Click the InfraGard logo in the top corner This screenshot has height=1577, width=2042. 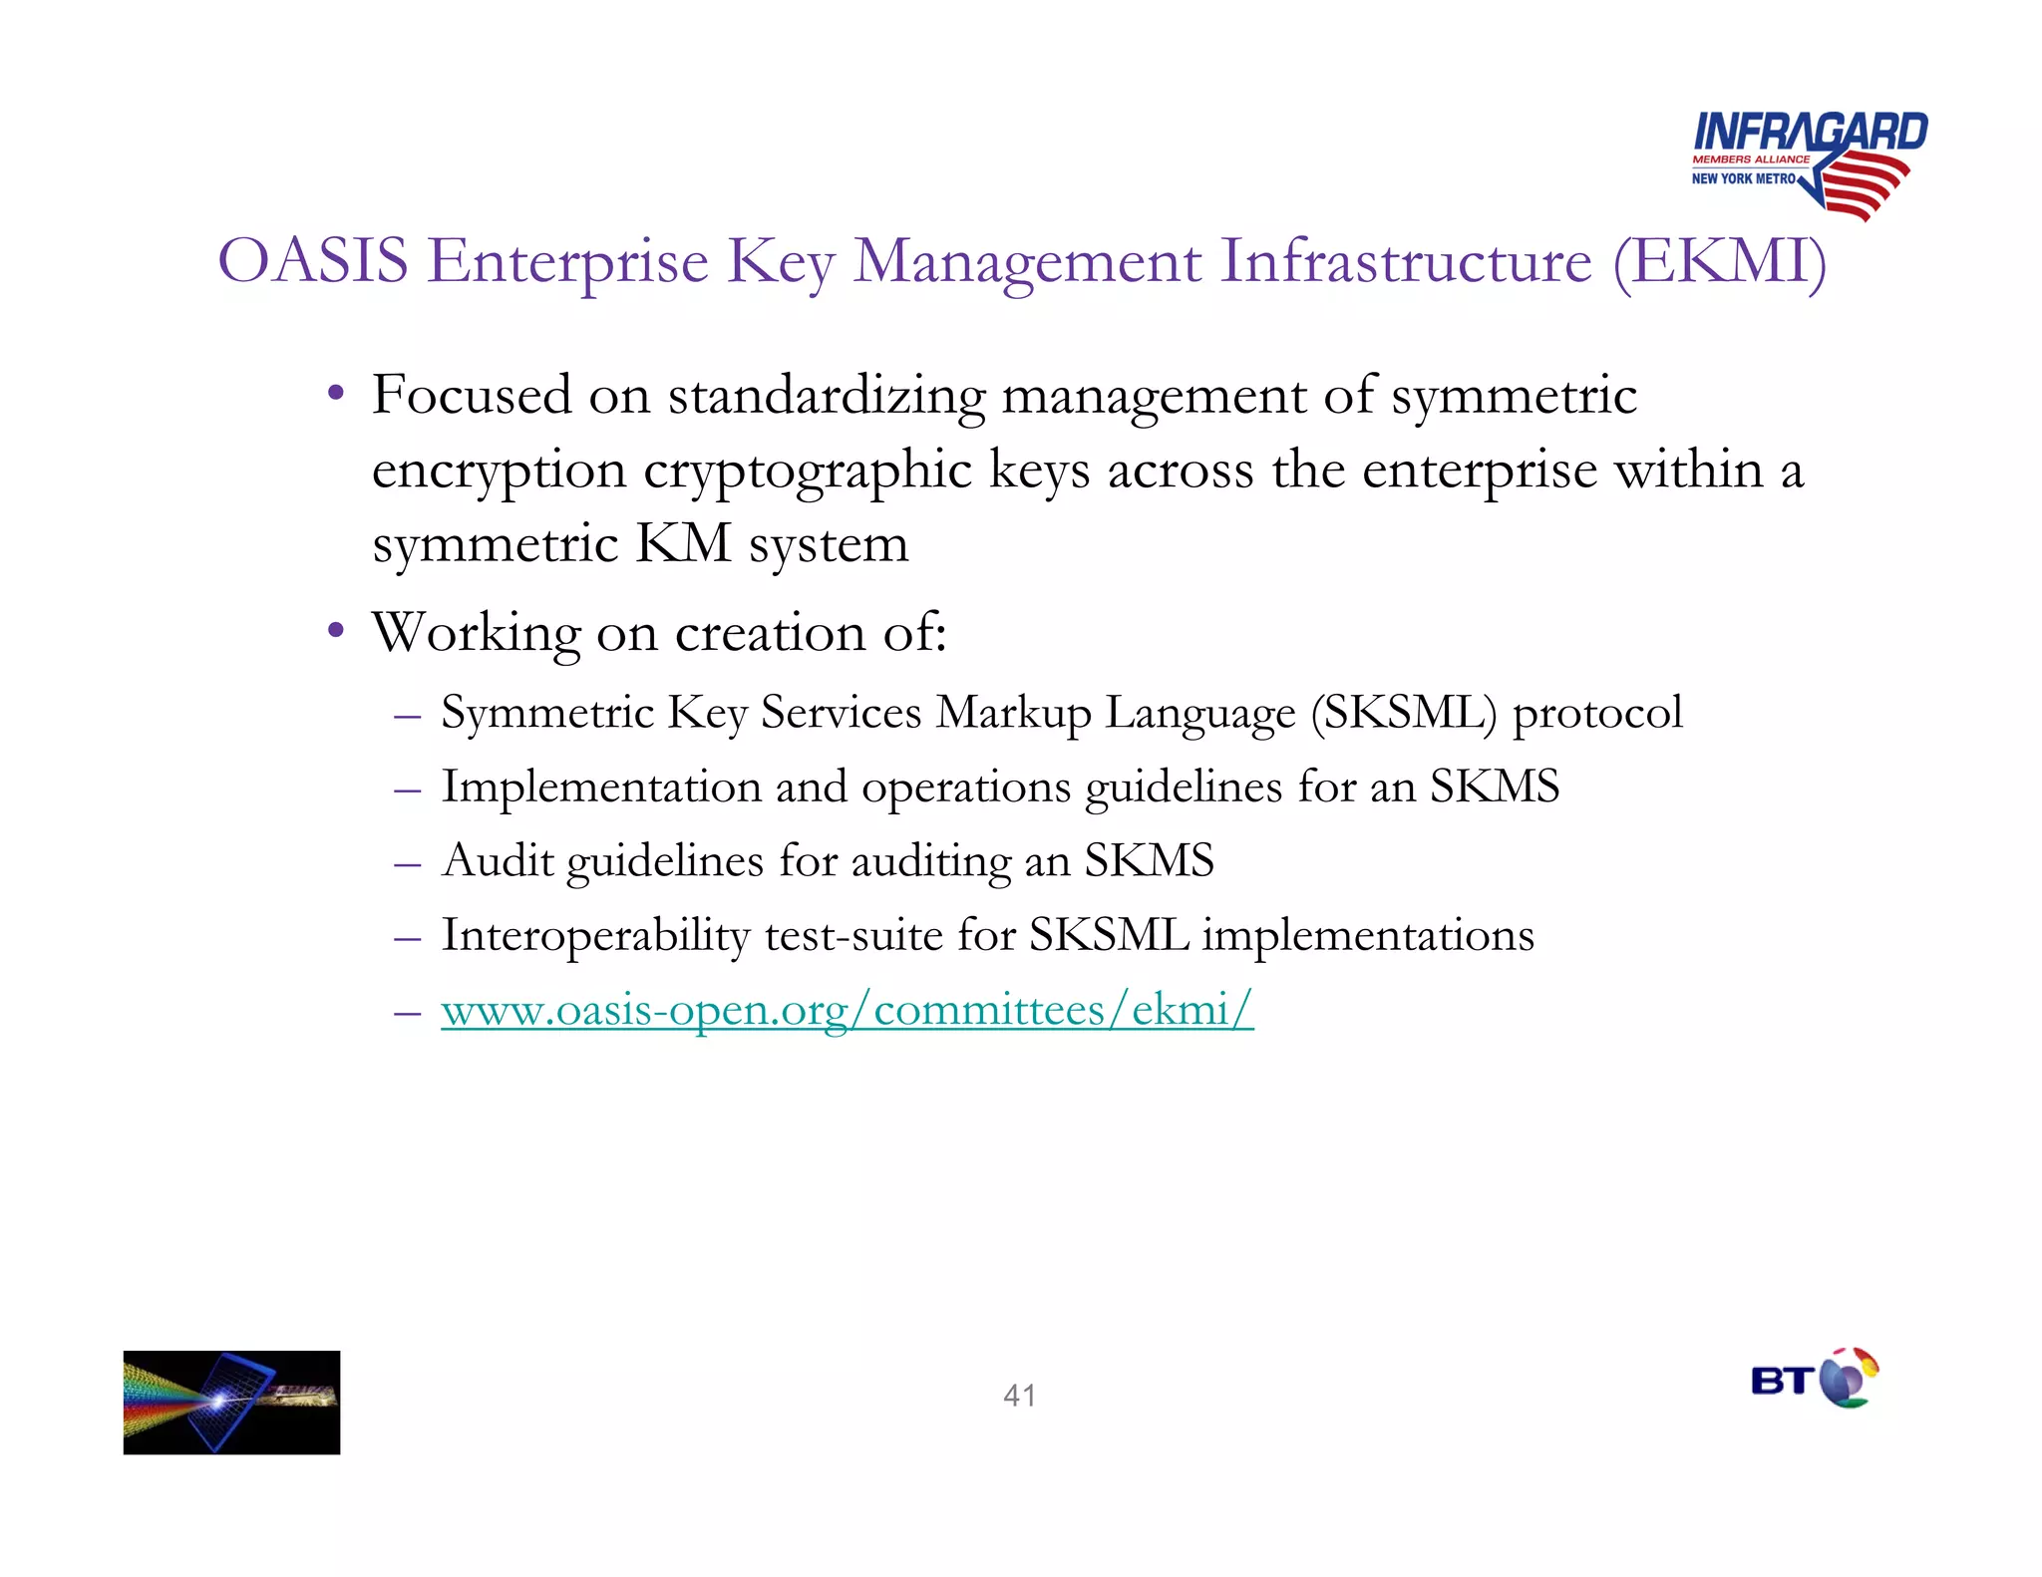(x=1808, y=162)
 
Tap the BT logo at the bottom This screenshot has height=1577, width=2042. (x=1814, y=1380)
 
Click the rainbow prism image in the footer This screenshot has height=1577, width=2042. (x=231, y=1402)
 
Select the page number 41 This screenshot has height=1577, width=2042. (x=1019, y=1396)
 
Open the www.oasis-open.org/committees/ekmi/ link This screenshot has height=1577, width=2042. (x=847, y=1010)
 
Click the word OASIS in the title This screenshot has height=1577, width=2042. (x=313, y=261)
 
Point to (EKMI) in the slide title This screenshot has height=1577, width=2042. (x=1719, y=261)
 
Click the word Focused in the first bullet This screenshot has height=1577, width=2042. (x=472, y=395)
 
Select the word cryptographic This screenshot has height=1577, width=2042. (x=807, y=470)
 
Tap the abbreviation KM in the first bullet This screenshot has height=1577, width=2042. (x=683, y=544)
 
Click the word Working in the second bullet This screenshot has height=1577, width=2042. (x=477, y=633)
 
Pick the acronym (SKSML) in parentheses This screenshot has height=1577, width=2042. (x=1403, y=713)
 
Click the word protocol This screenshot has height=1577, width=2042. (x=1597, y=713)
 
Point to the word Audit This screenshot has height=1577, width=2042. (x=497, y=860)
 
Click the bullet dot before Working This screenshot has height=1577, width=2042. (x=336, y=630)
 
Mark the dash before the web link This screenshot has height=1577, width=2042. (x=407, y=1012)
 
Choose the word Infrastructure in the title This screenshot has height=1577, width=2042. (x=1406, y=261)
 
